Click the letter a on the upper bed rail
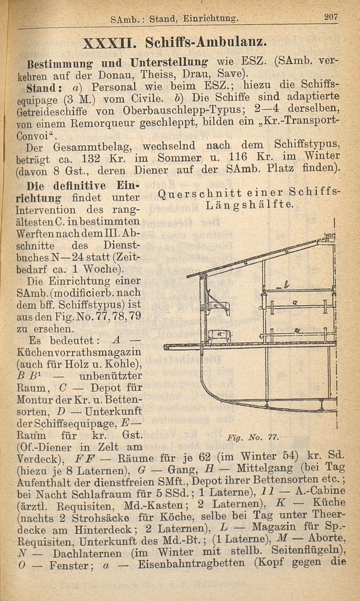(x=294, y=305)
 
